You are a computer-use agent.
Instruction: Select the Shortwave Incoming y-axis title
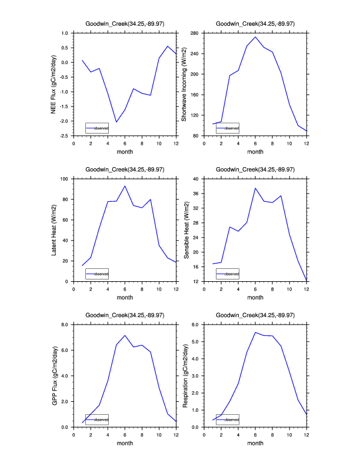(x=184, y=84)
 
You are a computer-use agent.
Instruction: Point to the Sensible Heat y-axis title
(x=184, y=229)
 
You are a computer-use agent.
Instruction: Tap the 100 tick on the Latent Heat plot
(x=65, y=178)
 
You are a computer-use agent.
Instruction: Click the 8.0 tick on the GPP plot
(x=65, y=324)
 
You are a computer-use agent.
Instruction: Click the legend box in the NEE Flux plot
(x=97, y=128)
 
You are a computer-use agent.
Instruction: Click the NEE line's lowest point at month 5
(x=116, y=122)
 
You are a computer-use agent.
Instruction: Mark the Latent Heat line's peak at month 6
(x=125, y=186)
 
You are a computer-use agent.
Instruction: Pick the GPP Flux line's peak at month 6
(x=125, y=335)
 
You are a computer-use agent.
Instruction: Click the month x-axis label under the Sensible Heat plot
(x=255, y=297)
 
